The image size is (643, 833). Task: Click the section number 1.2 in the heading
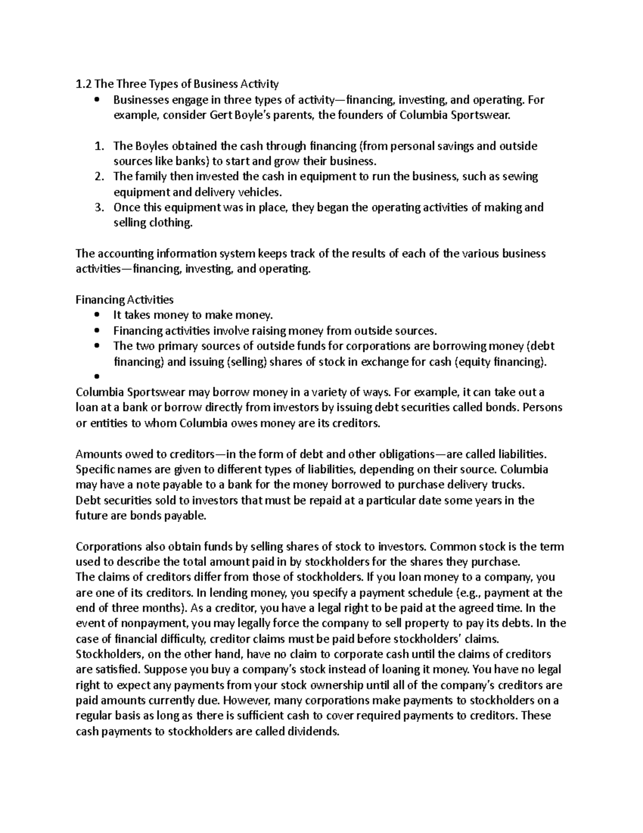tap(83, 84)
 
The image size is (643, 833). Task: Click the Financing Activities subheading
tap(124, 299)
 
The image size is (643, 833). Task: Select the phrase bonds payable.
tap(172, 516)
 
